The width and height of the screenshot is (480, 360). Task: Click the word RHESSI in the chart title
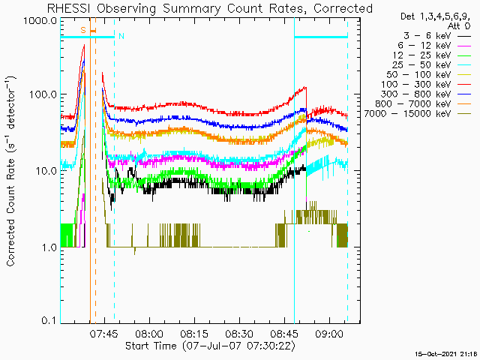coord(69,8)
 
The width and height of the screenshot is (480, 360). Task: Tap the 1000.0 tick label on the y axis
coord(40,21)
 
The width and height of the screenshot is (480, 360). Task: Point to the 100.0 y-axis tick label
coord(43,94)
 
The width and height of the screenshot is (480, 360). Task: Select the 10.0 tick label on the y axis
coord(46,170)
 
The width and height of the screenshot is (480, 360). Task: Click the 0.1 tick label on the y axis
coord(49,320)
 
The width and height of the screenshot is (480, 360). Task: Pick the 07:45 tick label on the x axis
coord(103,334)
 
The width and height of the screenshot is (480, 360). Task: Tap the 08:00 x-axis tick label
coord(150,334)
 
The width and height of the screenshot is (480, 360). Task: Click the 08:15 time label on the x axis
coord(195,334)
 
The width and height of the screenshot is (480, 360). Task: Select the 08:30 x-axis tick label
coord(239,334)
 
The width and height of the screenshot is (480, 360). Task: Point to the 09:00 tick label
coord(329,334)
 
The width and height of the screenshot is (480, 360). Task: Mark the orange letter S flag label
coord(83,30)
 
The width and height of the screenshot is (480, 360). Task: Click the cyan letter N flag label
coord(121,36)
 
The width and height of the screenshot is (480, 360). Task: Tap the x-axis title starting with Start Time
coord(211,346)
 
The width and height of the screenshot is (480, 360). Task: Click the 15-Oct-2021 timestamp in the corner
coord(447,354)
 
